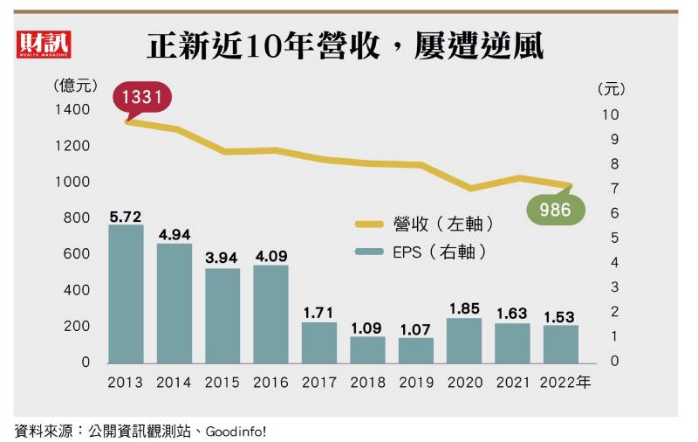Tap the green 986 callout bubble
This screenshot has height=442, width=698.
click(x=555, y=210)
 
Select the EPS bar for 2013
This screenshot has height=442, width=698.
click(x=126, y=294)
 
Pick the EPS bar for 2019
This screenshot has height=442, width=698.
click(x=416, y=350)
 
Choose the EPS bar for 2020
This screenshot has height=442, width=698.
click(x=464, y=341)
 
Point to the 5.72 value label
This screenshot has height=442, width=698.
click(x=126, y=215)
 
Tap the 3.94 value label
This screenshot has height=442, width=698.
click(x=222, y=259)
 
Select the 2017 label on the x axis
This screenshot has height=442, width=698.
click(x=319, y=383)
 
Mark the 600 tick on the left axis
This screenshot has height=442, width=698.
click(x=78, y=254)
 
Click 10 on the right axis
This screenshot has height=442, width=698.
click(x=610, y=114)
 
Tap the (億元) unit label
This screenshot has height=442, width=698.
click(x=75, y=86)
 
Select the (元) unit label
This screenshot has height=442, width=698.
click(x=612, y=89)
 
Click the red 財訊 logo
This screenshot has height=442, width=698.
click(x=44, y=44)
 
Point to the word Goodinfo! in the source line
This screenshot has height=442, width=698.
click(x=236, y=431)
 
